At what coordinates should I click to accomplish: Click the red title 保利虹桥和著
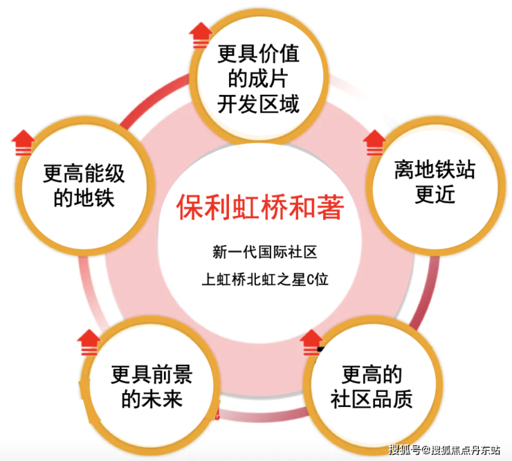click(x=260, y=207)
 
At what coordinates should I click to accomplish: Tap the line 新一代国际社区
click(x=265, y=252)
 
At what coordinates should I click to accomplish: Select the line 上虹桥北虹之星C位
click(x=265, y=280)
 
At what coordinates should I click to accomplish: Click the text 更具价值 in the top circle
click(x=258, y=54)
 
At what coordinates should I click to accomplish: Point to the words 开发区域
click(x=258, y=104)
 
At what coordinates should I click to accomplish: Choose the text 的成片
click(x=258, y=79)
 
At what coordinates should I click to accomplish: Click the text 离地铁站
click(x=435, y=170)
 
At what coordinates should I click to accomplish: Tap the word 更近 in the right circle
click(x=435, y=195)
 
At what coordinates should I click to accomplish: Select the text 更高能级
click(x=84, y=173)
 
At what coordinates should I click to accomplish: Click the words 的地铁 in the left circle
click(x=84, y=198)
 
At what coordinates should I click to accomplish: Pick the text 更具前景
click(x=152, y=374)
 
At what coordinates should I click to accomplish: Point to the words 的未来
click(x=152, y=399)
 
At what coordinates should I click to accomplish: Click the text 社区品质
click(x=372, y=399)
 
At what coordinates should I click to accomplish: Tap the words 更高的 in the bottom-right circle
click(x=372, y=374)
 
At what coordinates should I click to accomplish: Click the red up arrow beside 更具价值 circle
click(x=201, y=35)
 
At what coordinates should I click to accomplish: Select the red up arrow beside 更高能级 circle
click(x=23, y=143)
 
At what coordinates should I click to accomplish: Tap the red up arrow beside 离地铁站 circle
click(x=374, y=143)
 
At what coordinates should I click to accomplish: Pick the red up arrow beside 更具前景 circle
click(x=89, y=342)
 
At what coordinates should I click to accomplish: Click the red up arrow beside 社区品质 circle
click(x=311, y=342)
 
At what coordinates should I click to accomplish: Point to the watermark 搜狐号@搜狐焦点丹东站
click(x=444, y=450)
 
